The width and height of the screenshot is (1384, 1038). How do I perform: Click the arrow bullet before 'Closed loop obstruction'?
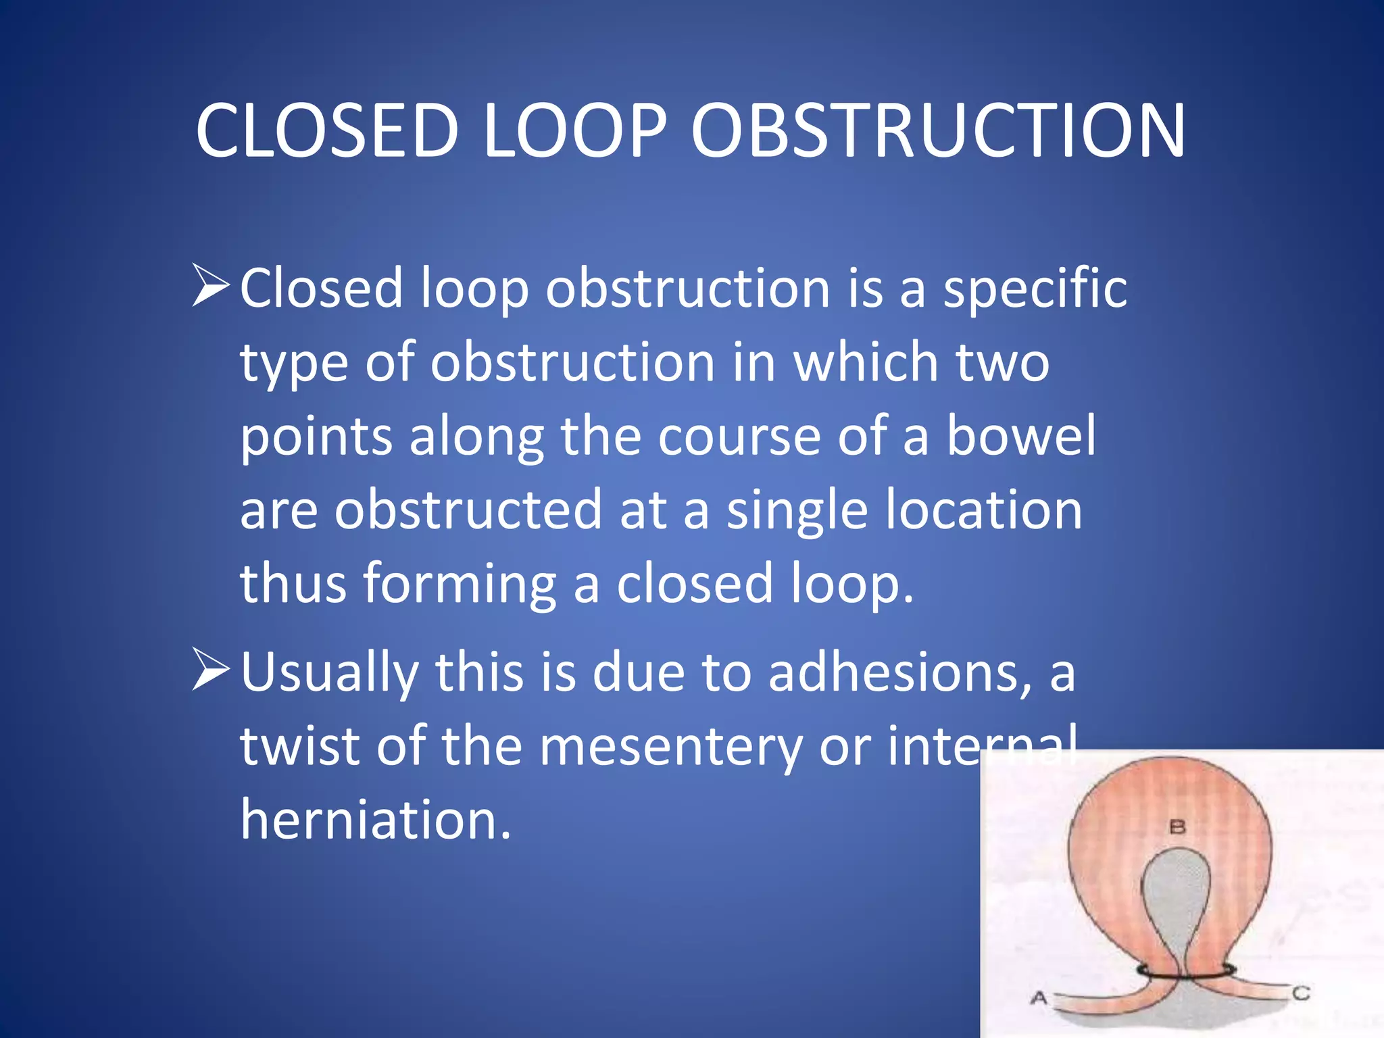tap(211, 285)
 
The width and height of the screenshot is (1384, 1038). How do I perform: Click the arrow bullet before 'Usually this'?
tap(211, 669)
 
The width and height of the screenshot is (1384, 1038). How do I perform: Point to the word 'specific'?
tap(1035, 289)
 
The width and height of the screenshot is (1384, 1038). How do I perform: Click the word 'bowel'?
tap(1020, 436)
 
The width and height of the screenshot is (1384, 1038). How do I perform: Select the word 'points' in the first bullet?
tap(316, 437)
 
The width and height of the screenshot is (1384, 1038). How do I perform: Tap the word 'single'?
tap(797, 511)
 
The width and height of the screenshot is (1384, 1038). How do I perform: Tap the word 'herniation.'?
tap(376, 820)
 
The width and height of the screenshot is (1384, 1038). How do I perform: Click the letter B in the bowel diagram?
tap(1177, 826)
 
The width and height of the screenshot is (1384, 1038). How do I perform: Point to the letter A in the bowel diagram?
tap(1039, 997)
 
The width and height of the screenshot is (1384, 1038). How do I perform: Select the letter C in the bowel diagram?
tap(1301, 993)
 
